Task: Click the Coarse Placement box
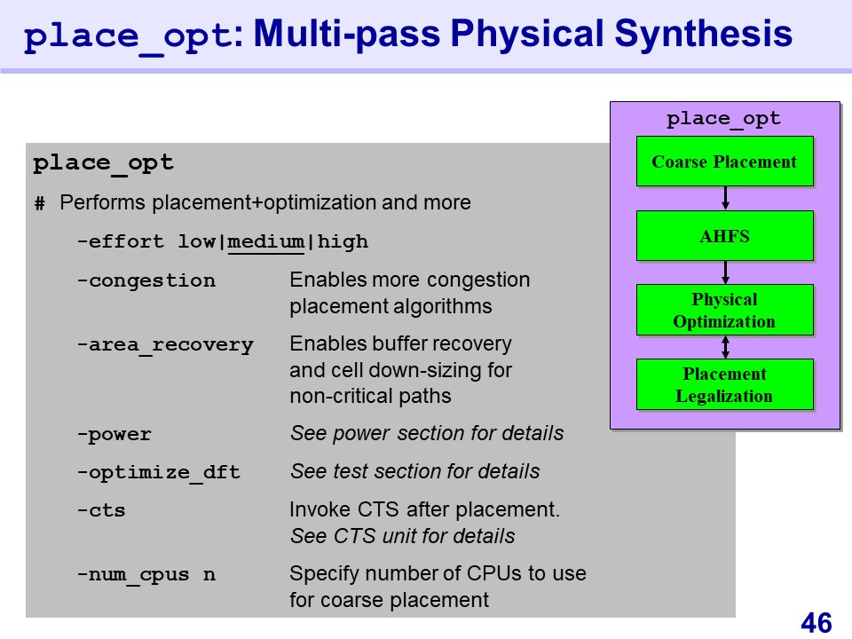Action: pyautogui.click(x=724, y=162)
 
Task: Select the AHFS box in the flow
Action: pyautogui.click(x=724, y=235)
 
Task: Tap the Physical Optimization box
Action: pyautogui.click(x=724, y=310)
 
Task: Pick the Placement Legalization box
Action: pyautogui.click(x=724, y=384)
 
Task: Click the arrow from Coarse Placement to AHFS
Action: pyautogui.click(x=725, y=198)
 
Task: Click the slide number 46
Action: pyautogui.click(x=816, y=622)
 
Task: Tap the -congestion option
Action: pyautogui.click(x=146, y=280)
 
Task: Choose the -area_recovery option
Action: pyautogui.click(x=164, y=344)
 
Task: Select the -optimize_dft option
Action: pyautogui.click(x=158, y=472)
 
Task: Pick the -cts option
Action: pyautogui.click(x=101, y=510)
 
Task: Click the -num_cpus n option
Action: pyautogui.click(x=146, y=574)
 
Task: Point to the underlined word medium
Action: pyautogui.click(x=266, y=241)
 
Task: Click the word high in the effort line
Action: pyautogui.click(x=343, y=241)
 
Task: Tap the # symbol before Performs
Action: pyautogui.click(x=39, y=204)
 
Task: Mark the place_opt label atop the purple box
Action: pyautogui.click(x=724, y=118)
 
